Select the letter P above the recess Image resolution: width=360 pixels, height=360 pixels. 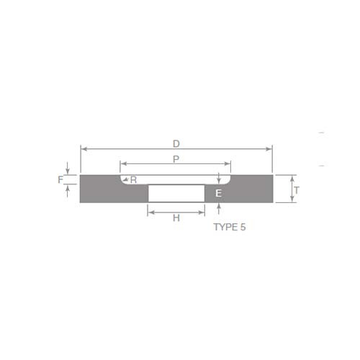(176, 158)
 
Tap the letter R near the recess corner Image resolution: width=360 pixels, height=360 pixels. (133, 179)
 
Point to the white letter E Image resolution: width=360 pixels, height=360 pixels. (218, 194)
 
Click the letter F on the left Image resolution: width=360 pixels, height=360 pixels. (60, 179)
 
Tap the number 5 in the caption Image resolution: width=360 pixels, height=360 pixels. (243, 227)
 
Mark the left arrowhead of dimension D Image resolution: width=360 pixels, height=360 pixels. (83, 149)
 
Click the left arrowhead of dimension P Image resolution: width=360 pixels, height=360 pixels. (122, 164)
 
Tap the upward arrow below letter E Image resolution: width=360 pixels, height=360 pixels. (218, 206)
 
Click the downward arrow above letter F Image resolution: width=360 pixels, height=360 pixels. (67, 171)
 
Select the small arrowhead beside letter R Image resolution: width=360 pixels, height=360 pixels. (125, 179)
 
